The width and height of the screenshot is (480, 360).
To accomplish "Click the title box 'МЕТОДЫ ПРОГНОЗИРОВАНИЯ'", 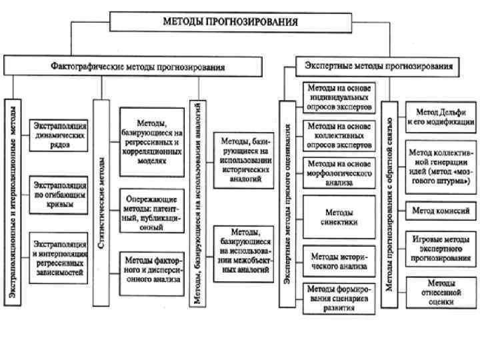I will point(231,21).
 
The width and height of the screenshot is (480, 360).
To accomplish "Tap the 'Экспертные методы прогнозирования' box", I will point(377,66).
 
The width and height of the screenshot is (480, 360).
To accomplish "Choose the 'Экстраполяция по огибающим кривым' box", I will point(59,194).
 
